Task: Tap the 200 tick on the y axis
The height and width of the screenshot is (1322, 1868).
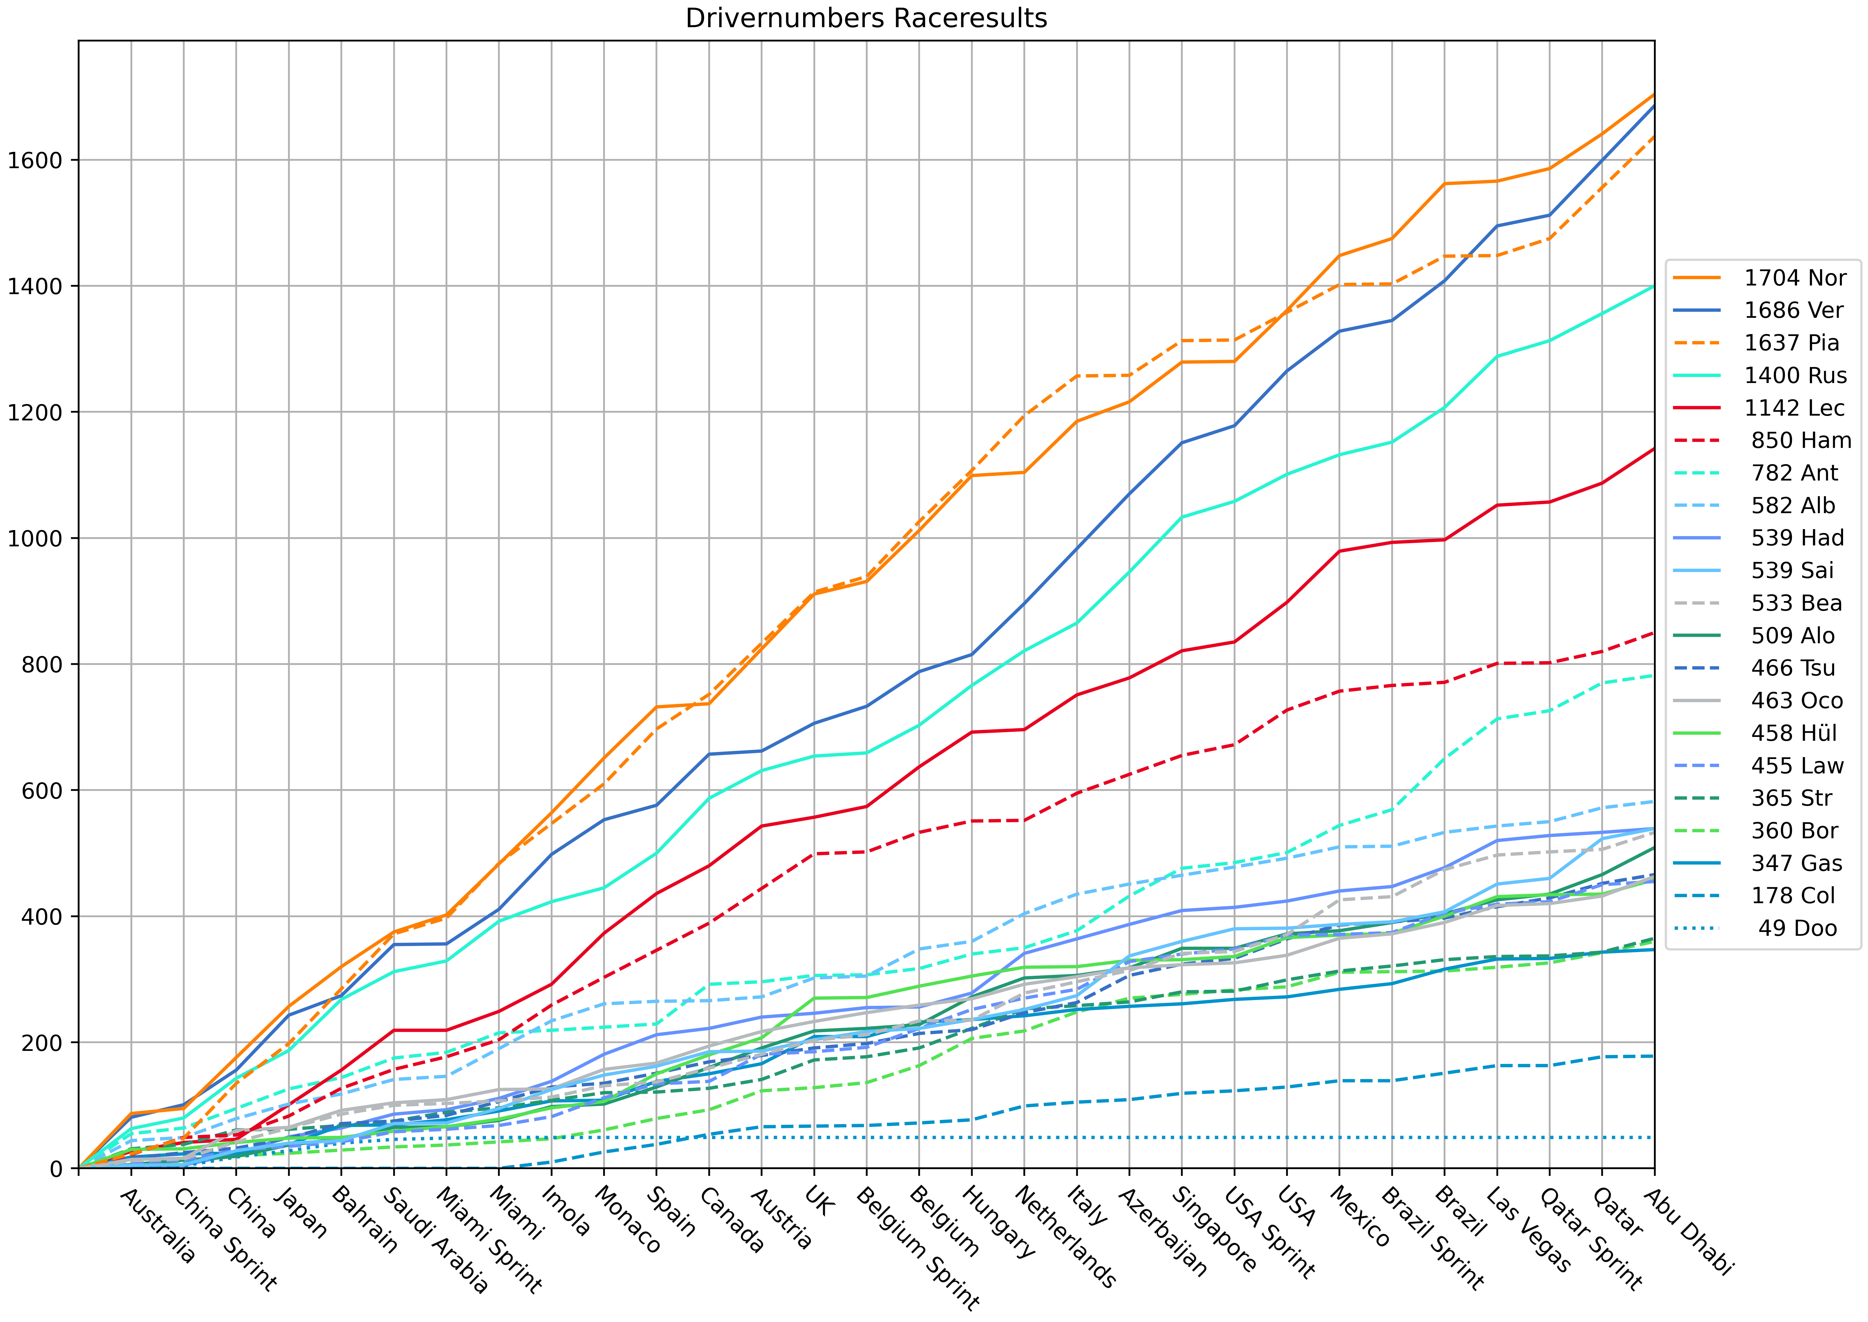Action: (x=42, y=1042)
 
